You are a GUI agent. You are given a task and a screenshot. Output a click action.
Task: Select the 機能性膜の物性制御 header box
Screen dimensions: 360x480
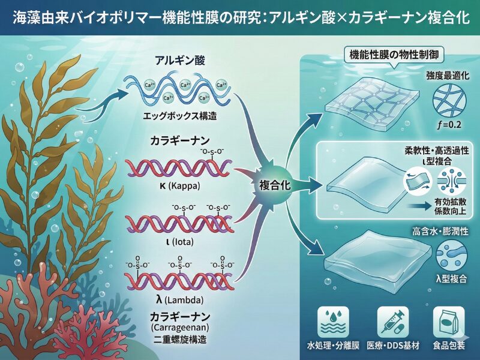[393, 55]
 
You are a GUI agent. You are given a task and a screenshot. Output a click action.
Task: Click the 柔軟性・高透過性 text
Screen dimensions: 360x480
[435, 149]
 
